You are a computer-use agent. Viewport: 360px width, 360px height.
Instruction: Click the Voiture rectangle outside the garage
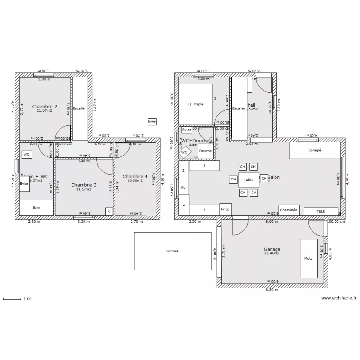(x=172, y=251)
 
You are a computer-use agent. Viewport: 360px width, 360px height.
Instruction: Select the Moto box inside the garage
(x=308, y=258)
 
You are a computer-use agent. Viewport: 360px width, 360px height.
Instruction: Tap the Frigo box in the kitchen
(x=225, y=210)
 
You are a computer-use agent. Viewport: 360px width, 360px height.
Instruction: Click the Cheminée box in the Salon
(x=289, y=210)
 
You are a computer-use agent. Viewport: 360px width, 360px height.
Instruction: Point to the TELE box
(x=321, y=211)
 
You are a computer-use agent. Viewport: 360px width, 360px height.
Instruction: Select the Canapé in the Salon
(x=314, y=150)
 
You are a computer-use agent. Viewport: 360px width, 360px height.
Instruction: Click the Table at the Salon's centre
(x=249, y=180)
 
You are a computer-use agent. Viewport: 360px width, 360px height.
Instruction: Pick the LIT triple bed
(x=195, y=104)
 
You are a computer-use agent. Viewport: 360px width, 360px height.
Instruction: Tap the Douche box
(x=205, y=151)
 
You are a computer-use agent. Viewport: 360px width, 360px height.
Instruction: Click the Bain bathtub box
(x=36, y=207)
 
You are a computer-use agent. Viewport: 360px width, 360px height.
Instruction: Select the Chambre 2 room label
(x=45, y=106)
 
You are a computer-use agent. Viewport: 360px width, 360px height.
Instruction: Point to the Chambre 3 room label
(x=84, y=185)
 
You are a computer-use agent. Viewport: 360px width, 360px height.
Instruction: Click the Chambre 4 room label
(x=135, y=176)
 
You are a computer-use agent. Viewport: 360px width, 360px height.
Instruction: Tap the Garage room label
(x=272, y=249)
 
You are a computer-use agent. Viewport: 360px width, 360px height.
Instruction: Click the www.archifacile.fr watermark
(x=339, y=298)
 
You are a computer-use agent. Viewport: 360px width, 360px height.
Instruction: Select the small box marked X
(x=109, y=211)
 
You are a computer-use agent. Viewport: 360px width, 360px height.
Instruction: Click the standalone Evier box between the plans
(x=152, y=122)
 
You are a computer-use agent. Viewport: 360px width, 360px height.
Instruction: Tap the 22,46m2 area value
(x=272, y=254)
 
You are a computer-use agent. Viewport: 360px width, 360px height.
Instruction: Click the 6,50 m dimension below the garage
(x=272, y=290)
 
